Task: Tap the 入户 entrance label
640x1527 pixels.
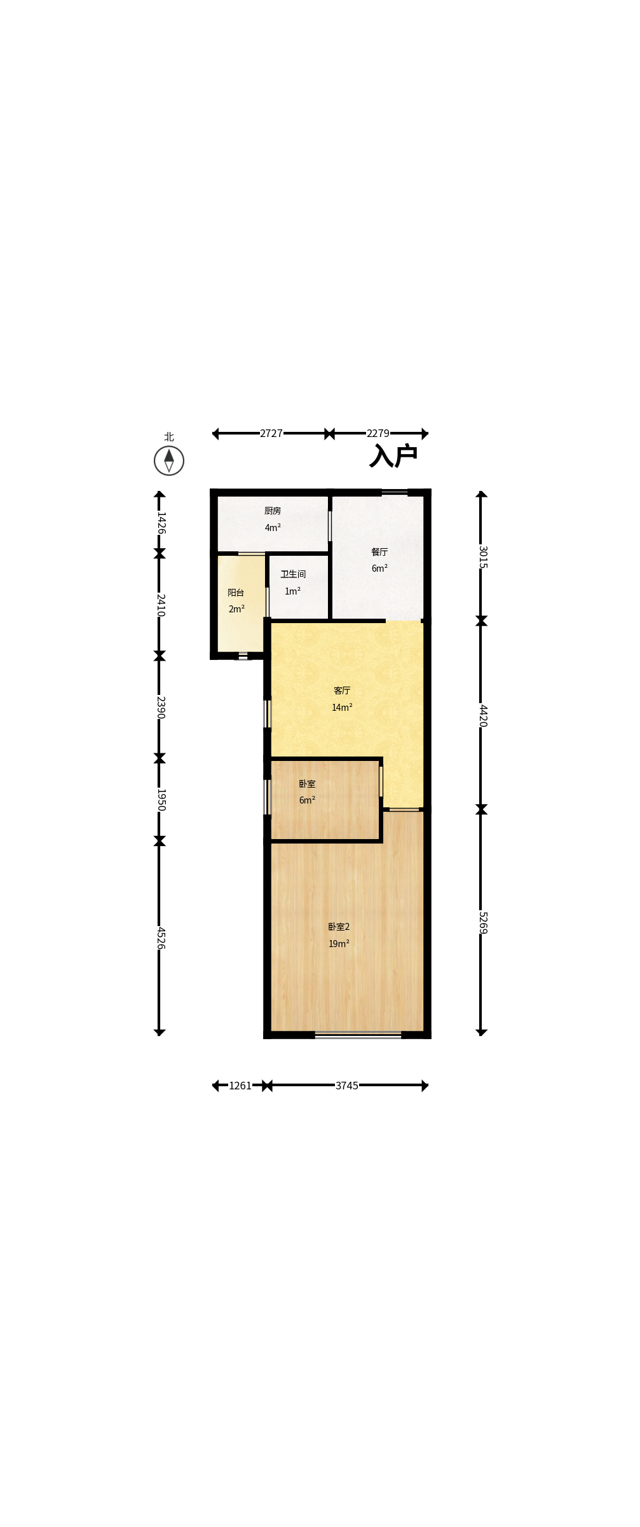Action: (x=393, y=456)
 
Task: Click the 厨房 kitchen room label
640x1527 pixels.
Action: (x=273, y=511)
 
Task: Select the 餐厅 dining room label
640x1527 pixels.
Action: (x=379, y=552)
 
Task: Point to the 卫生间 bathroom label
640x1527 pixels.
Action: (x=293, y=574)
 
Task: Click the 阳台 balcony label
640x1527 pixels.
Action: (x=236, y=593)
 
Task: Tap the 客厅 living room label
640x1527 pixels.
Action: (x=342, y=690)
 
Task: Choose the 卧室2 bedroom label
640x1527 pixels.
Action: (x=339, y=927)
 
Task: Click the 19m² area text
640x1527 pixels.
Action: (x=339, y=944)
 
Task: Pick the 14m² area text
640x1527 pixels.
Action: (x=342, y=708)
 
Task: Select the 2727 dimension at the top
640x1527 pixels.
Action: (x=271, y=433)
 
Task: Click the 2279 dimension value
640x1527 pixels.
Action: (x=378, y=433)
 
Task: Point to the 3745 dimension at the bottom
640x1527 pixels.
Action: (x=347, y=1086)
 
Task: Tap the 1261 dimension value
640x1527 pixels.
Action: (x=240, y=1086)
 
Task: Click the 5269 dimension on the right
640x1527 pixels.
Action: (x=482, y=922)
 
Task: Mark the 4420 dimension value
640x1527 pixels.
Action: (x=482, y=715)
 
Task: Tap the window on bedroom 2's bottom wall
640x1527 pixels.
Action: (x=358, y=1035)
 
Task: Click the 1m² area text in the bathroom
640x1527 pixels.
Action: (x=292, y=591)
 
